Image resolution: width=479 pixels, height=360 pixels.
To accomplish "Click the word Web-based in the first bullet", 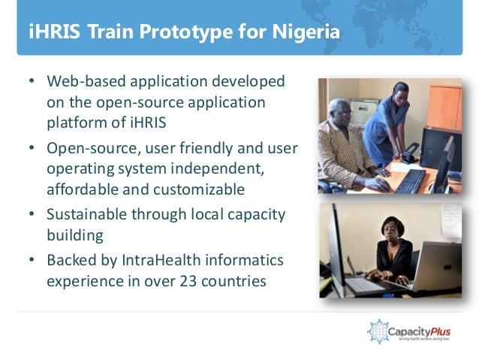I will tap(80, 80).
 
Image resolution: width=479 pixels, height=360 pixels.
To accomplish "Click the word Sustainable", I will tap(85, 214).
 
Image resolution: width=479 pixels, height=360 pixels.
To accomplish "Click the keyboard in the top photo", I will tap(411, 181).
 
